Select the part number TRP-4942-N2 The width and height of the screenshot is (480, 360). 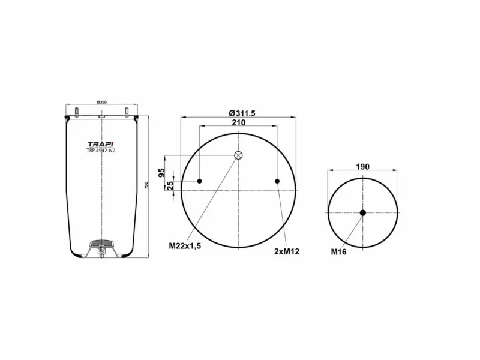(x=100, y=151)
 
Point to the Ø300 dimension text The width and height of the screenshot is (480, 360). (x=101, y=103)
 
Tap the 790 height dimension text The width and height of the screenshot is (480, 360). (x=146, y=186)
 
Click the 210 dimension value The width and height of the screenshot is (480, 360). (x=238, y=122)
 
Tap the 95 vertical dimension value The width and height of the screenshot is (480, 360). (x=161, y=173)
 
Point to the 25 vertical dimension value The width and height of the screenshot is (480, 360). (x=170, y=185)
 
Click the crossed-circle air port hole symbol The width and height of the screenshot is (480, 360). (x=238, y=156)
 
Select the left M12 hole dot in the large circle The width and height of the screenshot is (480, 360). (x=200, y=181)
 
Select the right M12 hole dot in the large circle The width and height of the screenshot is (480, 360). (x=277, y=181)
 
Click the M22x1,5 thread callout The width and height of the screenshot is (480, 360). (x=184, y=246)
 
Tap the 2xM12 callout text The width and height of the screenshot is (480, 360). (x=287, y=251)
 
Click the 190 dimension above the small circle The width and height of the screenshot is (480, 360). (x=362, y=167)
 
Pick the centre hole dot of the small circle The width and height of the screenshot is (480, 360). (x=362, y=212)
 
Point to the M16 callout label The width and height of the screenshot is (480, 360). (x=339, y=252)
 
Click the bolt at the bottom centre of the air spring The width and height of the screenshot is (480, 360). (x=102, y=255)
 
